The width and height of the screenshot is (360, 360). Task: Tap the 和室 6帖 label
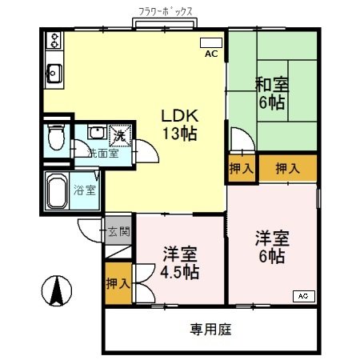tap(273, 93)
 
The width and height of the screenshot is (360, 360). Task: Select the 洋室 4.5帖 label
tap(179, 262)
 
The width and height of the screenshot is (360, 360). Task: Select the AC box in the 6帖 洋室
tap(303, 296)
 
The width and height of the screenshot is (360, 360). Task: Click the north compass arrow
tap(57, 290)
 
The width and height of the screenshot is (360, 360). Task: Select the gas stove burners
tap(54, 38)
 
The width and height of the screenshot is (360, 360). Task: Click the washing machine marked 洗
tap(118, 134)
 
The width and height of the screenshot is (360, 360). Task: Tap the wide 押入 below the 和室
tap(287, 168)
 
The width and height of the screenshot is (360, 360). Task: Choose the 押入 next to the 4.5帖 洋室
tap(118, 283)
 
